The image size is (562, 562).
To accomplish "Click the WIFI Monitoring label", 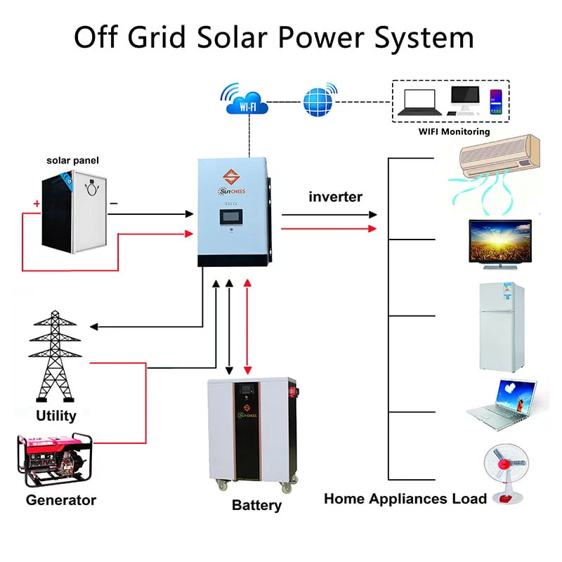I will coord(454,131).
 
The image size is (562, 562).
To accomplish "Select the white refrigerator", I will coord(502,326).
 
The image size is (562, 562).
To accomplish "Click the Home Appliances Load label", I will coord(405,499).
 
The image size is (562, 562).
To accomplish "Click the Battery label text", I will coord(256,505).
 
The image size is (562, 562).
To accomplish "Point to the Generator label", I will coord(60,500).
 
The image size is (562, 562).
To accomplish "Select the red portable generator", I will coord(55,459).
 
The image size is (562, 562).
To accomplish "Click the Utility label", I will coord(55,415).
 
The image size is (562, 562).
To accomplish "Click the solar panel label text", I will coord(72,160).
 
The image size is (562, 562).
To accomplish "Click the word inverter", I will coord(335,197).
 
